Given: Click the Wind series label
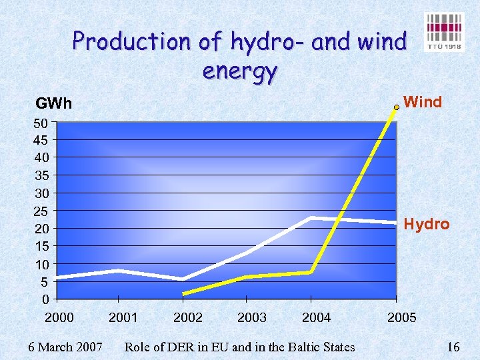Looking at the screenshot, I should [423, 102].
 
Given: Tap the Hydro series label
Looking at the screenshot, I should [427, 224].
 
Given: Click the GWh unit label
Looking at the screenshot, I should [53, 104].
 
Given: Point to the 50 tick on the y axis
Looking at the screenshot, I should [40, 123].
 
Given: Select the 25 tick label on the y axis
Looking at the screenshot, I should [40, 211].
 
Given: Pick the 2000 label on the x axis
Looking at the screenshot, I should [59, 317].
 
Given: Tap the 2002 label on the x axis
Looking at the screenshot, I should [187, 317].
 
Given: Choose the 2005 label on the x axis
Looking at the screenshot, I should [401, 317].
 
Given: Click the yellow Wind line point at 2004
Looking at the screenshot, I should [311, 272].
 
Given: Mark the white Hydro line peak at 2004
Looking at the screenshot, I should [311, 218].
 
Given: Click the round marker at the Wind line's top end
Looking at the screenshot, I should [397, 106].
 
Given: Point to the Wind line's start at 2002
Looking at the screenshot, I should [183, 293].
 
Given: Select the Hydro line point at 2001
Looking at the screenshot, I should [118, 270].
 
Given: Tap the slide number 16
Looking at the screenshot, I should [453, 347].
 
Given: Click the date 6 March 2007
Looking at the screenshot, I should [65, 347].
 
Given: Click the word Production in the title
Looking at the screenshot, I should [131, 42].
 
